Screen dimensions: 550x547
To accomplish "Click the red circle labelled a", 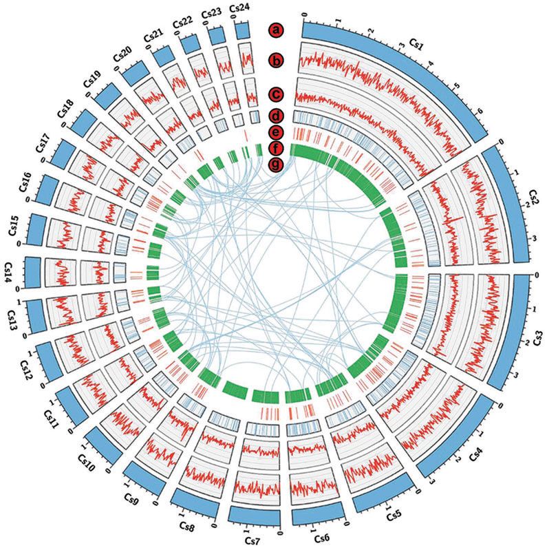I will pos(277,30).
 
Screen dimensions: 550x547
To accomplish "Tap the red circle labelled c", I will pos(277,94).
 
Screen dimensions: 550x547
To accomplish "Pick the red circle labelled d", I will pos(277,115).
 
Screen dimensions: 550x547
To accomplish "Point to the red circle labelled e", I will pos(277,131).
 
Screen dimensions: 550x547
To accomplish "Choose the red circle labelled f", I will pos(277,148).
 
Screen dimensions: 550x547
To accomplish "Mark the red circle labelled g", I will pos(277,165).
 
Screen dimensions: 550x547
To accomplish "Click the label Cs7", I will pos(253,540).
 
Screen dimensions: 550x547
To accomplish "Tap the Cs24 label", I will pos(242,8).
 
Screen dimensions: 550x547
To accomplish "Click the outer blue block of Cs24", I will pos(242,30).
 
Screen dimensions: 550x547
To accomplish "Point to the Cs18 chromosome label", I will pos(67,108).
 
